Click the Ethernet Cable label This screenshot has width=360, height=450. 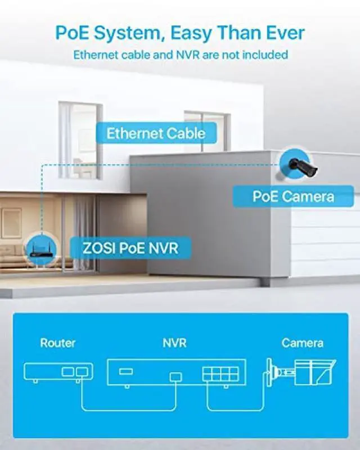coord(156,134)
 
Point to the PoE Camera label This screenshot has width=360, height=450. coord(292,196)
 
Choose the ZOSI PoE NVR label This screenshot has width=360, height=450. coord(130,247)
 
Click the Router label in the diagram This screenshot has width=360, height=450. coord(57,343)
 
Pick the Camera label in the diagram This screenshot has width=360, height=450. coord(302,343)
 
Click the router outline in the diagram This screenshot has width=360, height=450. coord(58,371)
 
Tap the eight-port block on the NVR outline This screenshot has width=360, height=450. coord(220,375)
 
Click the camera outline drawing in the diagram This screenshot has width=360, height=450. coord(301,372)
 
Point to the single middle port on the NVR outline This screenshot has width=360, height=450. coord(175,376)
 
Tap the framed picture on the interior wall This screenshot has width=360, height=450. coord(11,223)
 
